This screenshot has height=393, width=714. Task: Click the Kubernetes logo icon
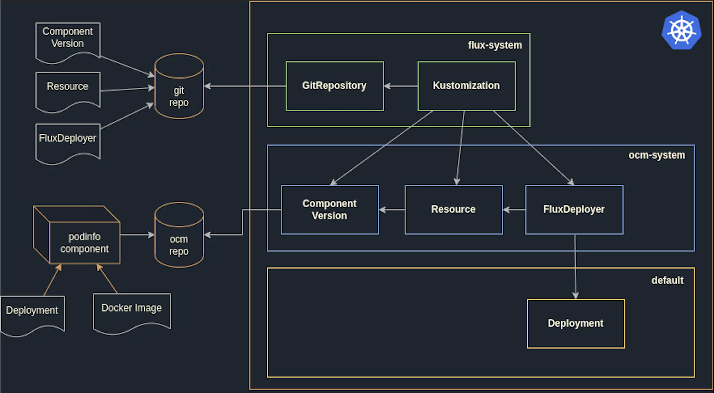pos(681,30)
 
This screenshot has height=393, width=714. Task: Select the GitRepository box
pos(334,86)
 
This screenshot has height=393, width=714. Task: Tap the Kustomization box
pos(466,86)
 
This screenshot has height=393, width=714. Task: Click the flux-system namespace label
pos(494,45)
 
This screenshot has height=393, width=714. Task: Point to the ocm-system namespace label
pos(656,155)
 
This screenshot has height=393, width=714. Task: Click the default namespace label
pos(667,280)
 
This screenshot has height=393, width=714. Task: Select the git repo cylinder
pos(179,90)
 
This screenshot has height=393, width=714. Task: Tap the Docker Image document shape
pos(132,310)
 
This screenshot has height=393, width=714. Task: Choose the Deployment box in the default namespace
pos(576,323)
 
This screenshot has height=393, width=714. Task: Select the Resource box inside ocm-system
pos(453,209)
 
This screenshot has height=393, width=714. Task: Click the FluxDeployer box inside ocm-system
pos(574,209)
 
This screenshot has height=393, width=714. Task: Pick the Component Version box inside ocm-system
pos(329,209)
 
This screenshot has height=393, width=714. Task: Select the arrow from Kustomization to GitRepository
pos(401,86)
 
